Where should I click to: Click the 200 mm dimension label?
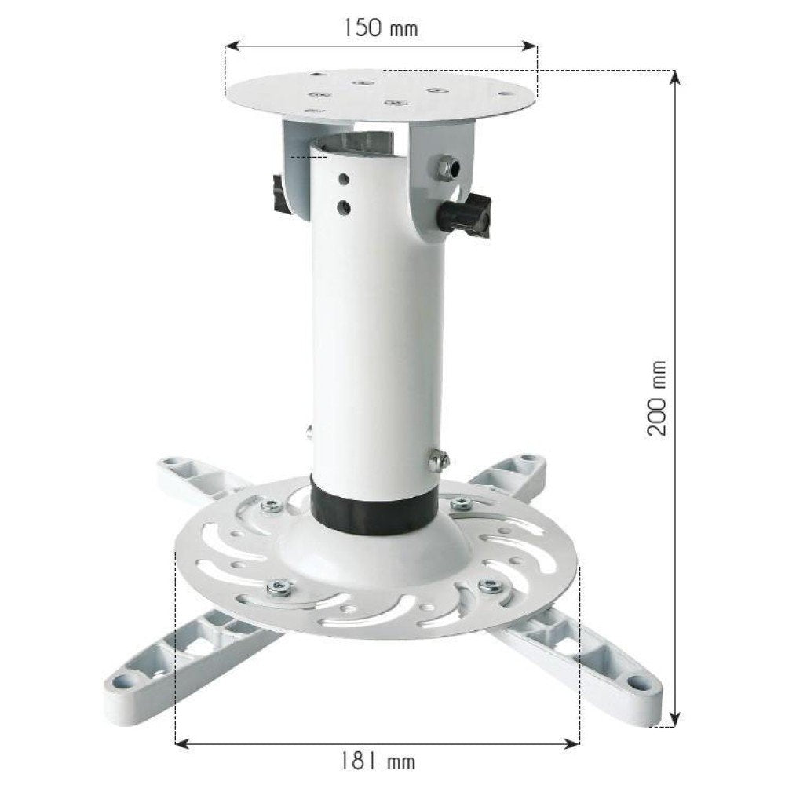pyautogui.click(x=658, y=399)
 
